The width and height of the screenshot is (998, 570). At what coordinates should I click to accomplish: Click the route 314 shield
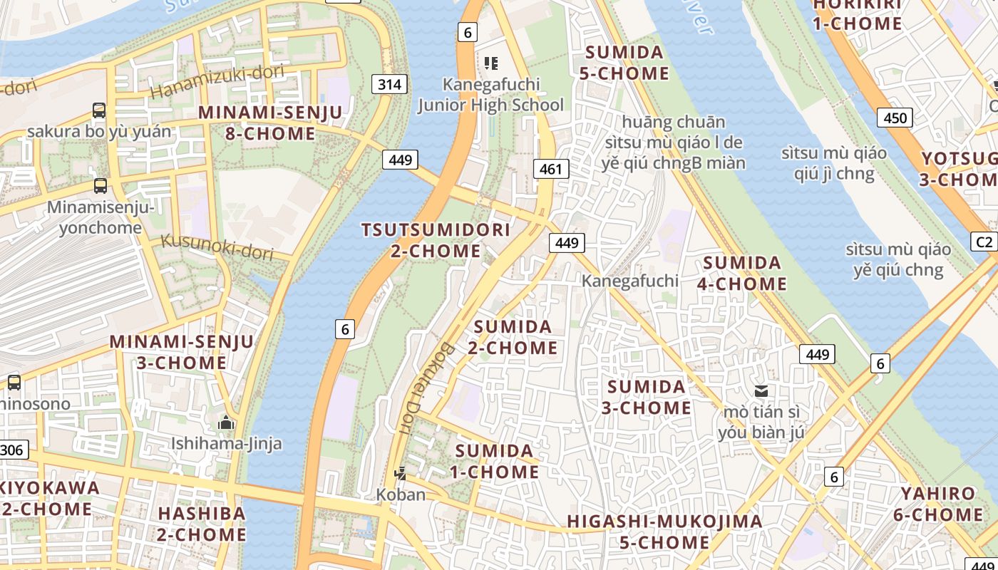click(389, 85)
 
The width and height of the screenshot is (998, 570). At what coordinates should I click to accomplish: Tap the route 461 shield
click(551, 169)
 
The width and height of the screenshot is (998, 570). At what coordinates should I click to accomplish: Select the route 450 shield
click(894, 118)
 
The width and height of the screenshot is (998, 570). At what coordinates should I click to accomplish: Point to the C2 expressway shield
click(984, 242)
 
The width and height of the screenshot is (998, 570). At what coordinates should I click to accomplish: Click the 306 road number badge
click(12, 450)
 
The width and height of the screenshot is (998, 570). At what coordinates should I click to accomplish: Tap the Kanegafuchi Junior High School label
click(490, 95)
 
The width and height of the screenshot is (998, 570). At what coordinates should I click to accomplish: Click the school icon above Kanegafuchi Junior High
click(490, 63)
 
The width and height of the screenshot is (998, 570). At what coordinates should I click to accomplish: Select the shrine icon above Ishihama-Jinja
click(227, 423)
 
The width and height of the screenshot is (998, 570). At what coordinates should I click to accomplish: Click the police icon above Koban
click(401, 473)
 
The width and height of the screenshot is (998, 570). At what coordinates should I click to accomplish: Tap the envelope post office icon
click(761, 390)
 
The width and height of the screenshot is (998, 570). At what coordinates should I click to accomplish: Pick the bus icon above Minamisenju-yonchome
click(101, 186)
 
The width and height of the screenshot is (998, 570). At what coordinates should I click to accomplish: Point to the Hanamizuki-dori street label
click(217, 81)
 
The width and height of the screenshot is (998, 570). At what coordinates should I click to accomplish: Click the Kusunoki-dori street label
click(207, 246)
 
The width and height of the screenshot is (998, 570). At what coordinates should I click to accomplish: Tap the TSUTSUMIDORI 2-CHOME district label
click(436, 240)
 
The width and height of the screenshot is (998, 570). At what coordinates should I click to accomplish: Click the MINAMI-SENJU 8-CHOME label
click(270, 123)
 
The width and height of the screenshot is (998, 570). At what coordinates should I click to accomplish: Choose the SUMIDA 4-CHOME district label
click(742, 273)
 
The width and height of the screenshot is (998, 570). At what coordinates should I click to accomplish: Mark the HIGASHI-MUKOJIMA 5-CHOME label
click(664, 532)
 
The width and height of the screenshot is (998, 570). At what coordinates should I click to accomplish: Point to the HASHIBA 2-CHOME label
click(202, 524)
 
